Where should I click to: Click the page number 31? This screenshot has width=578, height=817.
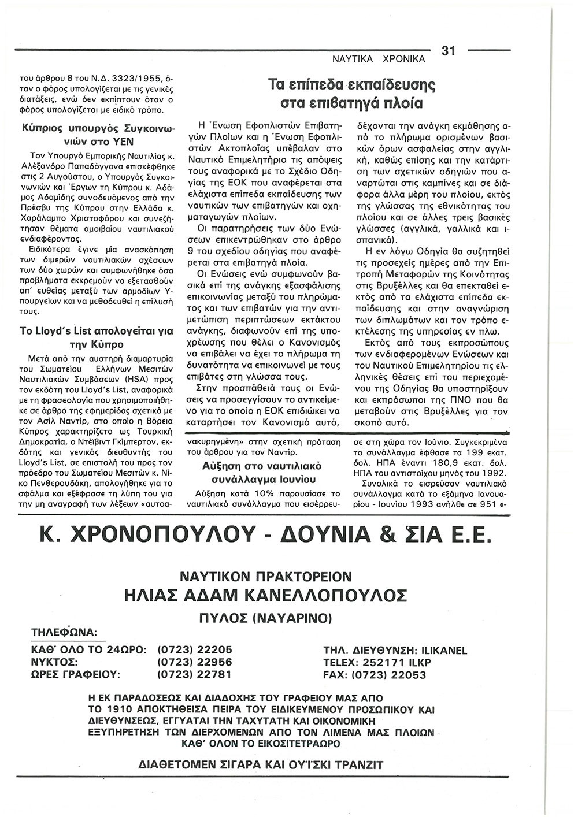tap(449, 51)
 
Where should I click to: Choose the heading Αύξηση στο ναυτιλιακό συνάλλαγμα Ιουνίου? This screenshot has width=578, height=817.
tap(262, 473)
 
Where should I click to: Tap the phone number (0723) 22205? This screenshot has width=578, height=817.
tap(195, 651)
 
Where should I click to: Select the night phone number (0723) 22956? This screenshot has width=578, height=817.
tap(195, 663)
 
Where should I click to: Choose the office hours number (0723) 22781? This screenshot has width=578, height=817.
tap(195, 675)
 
